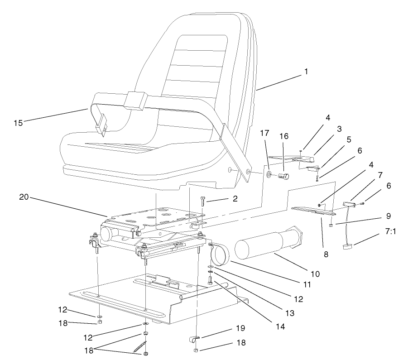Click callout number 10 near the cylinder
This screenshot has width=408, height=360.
coord(315,274)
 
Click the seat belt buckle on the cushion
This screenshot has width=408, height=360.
coord(103,125)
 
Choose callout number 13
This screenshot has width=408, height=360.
coord(290,313)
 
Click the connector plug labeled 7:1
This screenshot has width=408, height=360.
coord(347,246)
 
